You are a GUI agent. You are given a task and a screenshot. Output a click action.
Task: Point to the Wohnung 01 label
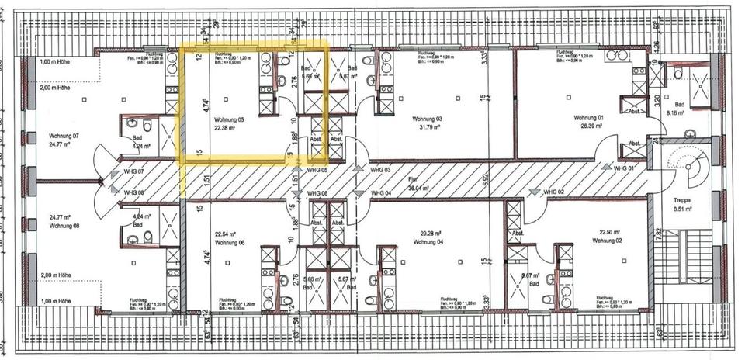(x=589, y=118)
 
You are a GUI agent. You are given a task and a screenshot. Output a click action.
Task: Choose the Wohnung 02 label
(x=608, y=241)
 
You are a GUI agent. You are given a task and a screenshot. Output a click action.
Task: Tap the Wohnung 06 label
(x=229, y=242)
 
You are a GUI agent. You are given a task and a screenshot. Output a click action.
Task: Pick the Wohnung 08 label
(x=64, y=226)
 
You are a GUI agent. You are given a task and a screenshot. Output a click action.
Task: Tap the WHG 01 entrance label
(x=625, y=168)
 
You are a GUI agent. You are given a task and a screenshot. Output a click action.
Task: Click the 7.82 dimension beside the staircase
(x=657, y=234)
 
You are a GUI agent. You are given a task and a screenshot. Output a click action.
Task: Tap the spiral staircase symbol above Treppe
(x=684, y=165)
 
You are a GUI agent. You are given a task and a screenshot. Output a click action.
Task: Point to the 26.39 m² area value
(x=589, y=126)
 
